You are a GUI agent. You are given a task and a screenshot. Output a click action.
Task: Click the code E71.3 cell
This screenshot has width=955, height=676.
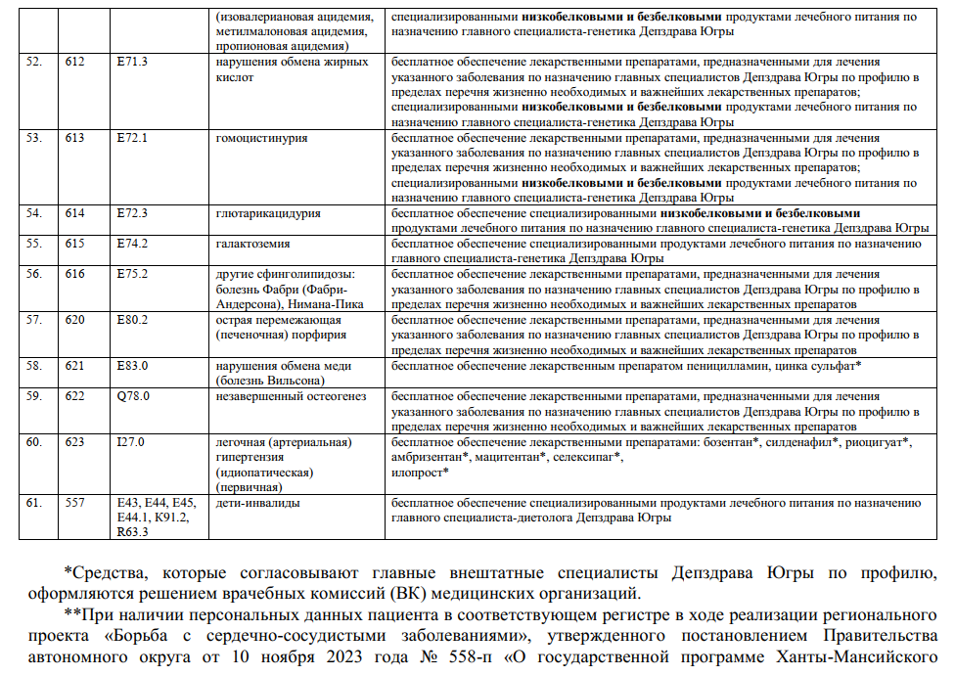pyautogui.click(x=131, y=63)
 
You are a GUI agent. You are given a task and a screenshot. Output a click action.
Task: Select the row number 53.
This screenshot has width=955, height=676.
pyautogui.click(x=34, y=138)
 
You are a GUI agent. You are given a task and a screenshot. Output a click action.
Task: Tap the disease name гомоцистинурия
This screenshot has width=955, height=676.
pyautogui.click(x=261, y=138)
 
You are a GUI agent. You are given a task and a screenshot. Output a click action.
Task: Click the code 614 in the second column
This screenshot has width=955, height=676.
pyautogui.click(x=75, y=213)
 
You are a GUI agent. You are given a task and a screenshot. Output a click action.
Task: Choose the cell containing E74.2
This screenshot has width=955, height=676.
pyautogui.click(x=131, y=244)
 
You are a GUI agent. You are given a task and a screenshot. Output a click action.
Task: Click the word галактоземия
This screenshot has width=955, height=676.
pyautogui.click(x=252, y=244)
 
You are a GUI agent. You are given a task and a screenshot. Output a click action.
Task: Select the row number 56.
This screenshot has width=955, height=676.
pyautogui.click(x=34, y=274)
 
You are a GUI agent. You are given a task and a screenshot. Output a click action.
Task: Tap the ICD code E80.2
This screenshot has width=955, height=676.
pyautogui.click(x=131, y=320)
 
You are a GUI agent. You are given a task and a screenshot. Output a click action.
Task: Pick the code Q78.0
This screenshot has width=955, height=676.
pyautogui.click(x=132, y=396)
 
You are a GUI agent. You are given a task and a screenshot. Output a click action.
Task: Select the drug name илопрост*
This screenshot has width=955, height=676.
pyautogui.click(x=420, y=473)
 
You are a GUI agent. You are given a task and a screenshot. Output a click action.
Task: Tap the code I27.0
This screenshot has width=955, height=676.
pyautogui.click(x=130, y=442)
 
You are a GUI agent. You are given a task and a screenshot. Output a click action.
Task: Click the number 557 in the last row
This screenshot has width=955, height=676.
pyautogui.click(x=75, y=503)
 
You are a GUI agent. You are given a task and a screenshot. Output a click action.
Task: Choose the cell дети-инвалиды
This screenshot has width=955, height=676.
pyautogui.click(x=257, y=503)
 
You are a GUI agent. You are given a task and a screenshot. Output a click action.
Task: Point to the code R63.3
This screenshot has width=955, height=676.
pyautogui.click(x=132, y=532)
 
